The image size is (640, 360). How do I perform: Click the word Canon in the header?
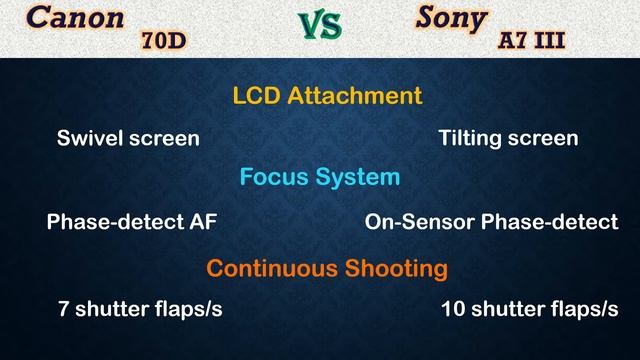pos(76,19)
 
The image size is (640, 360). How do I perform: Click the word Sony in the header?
pos(452,19)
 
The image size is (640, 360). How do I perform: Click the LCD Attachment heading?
pos(327,96)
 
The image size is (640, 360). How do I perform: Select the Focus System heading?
pos(319,177)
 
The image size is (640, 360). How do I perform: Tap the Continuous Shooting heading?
pos(326,268)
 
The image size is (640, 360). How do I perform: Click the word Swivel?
pos(89,138)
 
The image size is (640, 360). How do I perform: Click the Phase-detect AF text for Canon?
pos(131,222)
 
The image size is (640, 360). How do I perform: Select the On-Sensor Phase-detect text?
pos(491,222)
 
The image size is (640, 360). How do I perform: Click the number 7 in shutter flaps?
pos(64,309)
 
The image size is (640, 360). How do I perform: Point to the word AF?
pos(201,222)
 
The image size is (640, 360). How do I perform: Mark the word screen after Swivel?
pos(162,138)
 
